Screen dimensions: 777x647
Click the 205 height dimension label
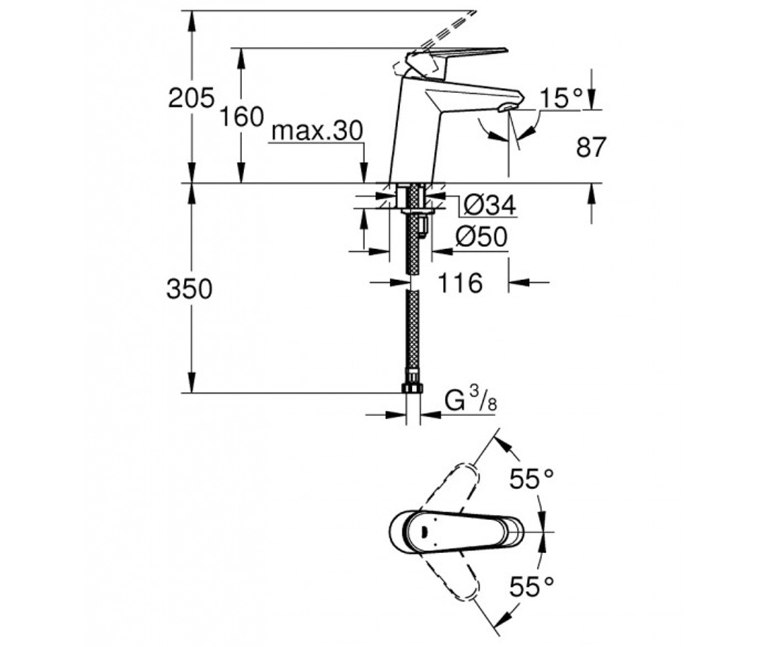(191, 98)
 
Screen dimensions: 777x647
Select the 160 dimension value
(242, 116)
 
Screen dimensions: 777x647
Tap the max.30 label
(317, 131)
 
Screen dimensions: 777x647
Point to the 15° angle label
(561, 98)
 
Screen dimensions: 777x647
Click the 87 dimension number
(591, 147)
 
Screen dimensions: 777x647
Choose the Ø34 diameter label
(490, 204)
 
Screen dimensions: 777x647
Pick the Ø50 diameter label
(481, 237)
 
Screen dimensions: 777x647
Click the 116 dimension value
(460, 283)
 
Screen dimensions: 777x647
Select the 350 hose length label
(189, 289)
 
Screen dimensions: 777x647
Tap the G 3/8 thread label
(471, 402)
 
